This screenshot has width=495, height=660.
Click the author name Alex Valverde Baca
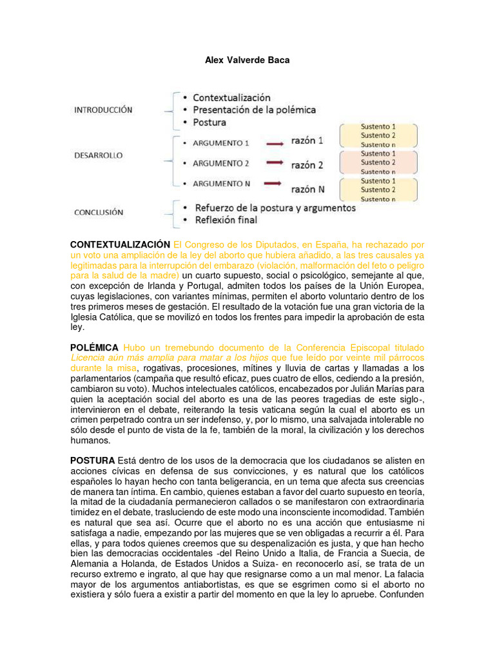coord(247,60)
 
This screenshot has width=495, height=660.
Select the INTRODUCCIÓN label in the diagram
coord(102,110)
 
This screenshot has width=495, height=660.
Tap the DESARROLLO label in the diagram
coord(98,155)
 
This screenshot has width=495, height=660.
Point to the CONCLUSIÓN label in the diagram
coord(98,212)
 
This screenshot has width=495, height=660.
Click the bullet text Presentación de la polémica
coord(255,110)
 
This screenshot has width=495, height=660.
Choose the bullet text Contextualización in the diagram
coord(231,97)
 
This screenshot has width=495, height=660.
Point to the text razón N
coord(307,189)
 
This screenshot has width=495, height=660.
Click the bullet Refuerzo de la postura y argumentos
coord(274,208)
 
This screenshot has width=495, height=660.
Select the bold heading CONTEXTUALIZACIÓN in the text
coord(120,245)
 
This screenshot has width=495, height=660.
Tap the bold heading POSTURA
coord(92,460)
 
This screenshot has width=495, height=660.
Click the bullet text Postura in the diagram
coord(209,122)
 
